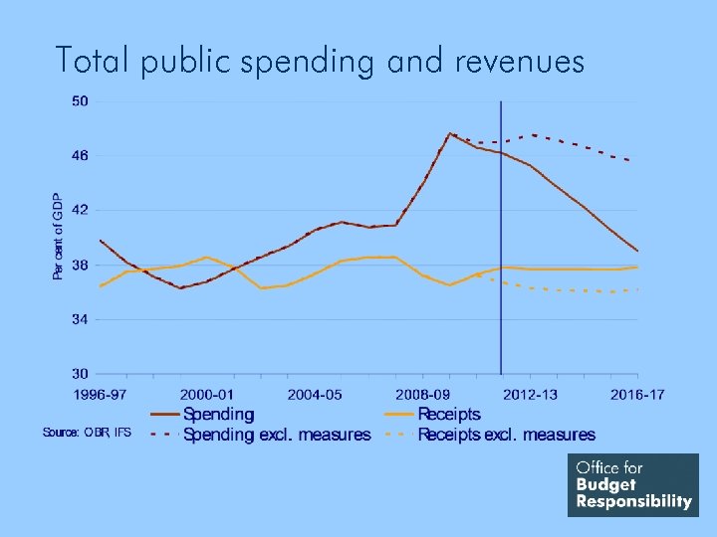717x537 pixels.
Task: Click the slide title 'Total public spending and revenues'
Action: [320, 62]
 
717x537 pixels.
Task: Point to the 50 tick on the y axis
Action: [81, 101]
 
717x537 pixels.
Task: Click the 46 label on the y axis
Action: [81, 156]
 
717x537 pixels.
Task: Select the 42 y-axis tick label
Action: [81, 211]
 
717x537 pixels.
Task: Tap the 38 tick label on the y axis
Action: [81, 266]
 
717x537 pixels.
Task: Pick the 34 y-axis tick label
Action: [81, 320]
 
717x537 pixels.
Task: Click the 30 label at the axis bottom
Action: [81, 375]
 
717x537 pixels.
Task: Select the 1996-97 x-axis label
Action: [100, 395]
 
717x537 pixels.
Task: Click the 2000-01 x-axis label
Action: [207, 395]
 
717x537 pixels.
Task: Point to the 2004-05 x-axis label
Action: [315, 395]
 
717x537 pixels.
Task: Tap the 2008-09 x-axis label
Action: [423, 395]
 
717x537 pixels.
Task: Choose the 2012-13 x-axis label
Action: [531, 395]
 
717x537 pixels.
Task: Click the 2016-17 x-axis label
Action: [638, 395]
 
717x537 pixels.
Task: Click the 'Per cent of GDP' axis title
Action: [57, 236]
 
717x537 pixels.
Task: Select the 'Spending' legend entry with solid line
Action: [218, 414]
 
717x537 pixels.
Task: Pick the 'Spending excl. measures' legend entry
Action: [277, 435]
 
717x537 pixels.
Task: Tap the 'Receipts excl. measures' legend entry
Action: [506, 435]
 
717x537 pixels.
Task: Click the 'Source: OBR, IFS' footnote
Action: [87, 432]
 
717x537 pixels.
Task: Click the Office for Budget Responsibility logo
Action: [633, 485]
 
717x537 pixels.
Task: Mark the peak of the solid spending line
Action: [450, 133]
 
